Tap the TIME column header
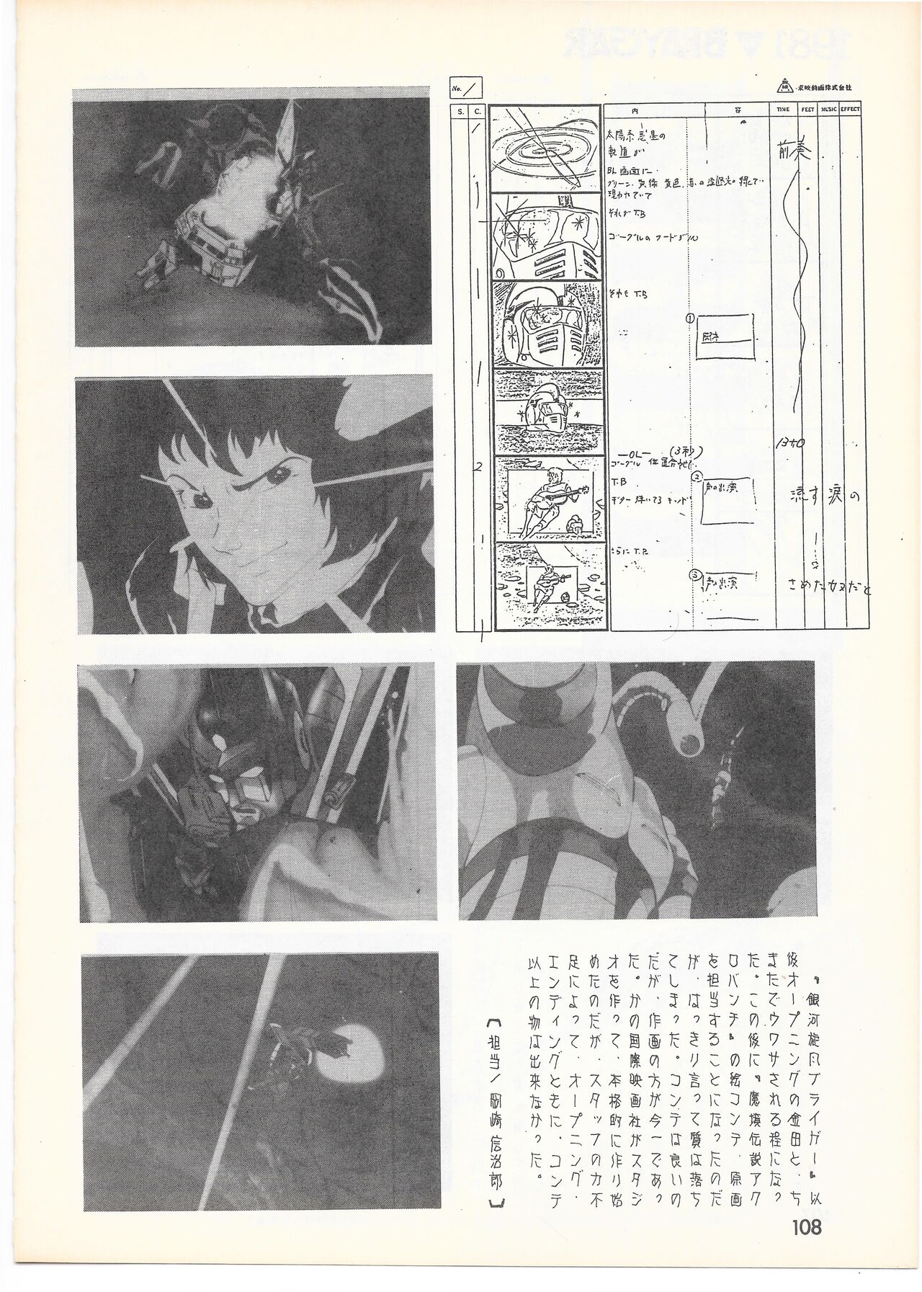(784, 110)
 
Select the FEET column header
(808, 110)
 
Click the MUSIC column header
(829, 110)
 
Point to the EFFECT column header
(850, 110)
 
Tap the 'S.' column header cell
(458, 110)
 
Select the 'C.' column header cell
(477, 110)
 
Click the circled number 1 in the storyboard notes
(690, 318)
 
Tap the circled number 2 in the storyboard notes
(697, 476)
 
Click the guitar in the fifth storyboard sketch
(555, 498)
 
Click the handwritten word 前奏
(795, 151)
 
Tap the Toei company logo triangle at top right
(783, 86)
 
